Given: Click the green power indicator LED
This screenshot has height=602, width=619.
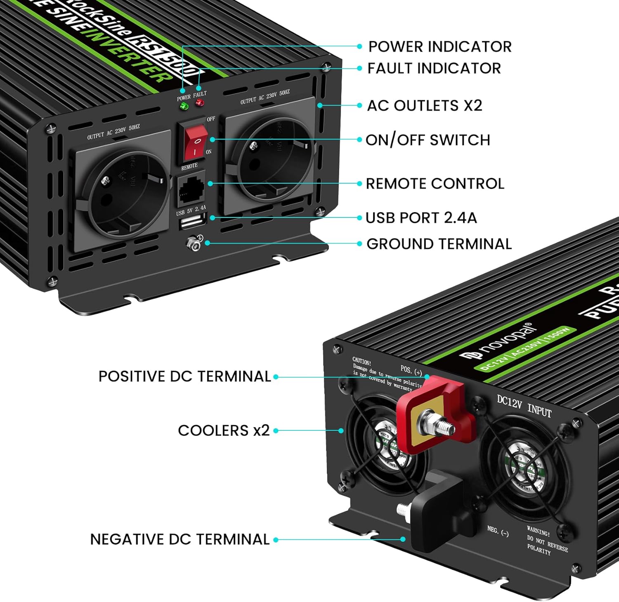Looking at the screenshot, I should (x=184, y=106).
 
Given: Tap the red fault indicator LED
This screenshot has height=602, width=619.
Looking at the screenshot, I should (x=200, y=102).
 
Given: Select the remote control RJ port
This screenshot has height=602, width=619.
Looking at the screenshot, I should (x=191, y=191).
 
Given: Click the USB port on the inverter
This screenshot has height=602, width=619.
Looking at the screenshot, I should (x=193, y=222).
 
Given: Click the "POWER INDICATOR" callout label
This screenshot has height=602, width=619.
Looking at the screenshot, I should (x=440, y=47).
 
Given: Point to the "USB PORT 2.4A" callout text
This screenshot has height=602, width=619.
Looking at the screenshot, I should (x=421, y=218).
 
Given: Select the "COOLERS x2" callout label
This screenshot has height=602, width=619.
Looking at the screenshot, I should (x=224, y=430).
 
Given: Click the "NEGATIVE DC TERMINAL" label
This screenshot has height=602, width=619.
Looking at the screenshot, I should (x=180, y=539).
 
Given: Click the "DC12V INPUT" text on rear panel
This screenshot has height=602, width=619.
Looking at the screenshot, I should (x=524, y=406).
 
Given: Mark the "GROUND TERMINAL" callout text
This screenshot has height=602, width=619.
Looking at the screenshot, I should (x=439, y=244).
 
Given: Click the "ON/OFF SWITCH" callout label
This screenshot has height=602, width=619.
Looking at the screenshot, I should (x=428, y=140).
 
